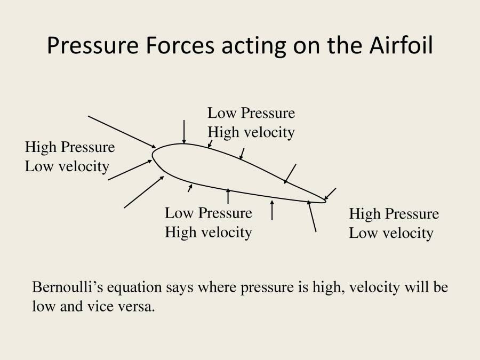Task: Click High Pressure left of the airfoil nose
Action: click(69, 147)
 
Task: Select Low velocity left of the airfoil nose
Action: click(67, 166)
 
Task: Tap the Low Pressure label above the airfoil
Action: click(251, 113)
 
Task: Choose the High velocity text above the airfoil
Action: click(251, 132)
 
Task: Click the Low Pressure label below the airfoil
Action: click(208, 213)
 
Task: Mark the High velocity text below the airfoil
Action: click(208, 232)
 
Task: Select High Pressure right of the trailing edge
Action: click(394, 214)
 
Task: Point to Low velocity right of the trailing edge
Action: click(391, 233)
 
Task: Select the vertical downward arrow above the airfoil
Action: click(184, 132)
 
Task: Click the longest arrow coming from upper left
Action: click(122, 131)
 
